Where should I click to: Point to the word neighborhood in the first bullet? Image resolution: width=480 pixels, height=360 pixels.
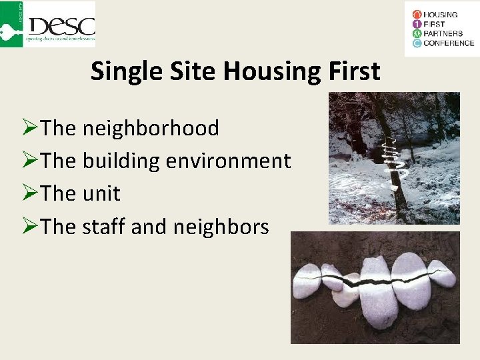(x=151, y=128)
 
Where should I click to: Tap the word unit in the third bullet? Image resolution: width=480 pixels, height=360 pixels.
(x=101, y=194)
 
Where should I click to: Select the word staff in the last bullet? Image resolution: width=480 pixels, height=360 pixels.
(x=104, y=227)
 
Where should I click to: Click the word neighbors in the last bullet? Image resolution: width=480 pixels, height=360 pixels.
(x=221, y=227)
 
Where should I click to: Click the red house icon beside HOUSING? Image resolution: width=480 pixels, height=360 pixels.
(x=417, y=14)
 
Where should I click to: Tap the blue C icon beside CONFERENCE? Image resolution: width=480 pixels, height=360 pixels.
(x=417, y=43)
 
